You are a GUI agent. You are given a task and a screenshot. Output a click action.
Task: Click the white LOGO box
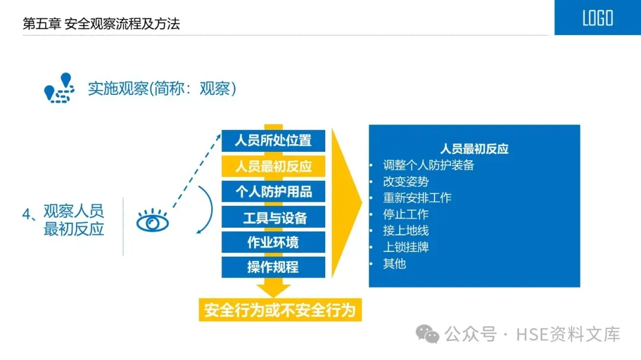coord(597,18)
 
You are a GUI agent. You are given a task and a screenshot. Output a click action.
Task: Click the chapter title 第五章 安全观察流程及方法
coord(101,24)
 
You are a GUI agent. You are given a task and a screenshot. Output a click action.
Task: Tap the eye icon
coord(153,222)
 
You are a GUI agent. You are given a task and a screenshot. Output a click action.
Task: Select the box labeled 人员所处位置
coord(273,141)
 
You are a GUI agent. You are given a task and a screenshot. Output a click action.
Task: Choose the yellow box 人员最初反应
coord(273,166)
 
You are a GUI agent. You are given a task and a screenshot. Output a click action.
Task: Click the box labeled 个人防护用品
coord(273,192)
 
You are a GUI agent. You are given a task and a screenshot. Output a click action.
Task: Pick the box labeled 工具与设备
coord(273,217)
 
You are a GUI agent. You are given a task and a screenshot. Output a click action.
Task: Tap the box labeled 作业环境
coord(273,242)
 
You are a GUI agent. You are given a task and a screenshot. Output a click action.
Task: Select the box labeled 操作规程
coord(273,267)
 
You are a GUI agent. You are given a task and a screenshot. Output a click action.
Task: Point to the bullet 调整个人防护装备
coord(429,165)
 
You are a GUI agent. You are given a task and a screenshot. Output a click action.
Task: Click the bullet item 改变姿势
coord(405,181)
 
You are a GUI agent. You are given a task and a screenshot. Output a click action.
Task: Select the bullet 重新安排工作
coord(417,197)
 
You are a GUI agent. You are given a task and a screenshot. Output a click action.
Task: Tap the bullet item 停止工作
coord(405,214)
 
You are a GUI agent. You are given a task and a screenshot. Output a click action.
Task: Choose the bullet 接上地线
coord(405,231)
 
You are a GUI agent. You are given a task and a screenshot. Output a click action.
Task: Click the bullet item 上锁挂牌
coord(405,247)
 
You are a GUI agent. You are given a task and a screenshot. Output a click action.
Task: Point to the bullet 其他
coord(394,263)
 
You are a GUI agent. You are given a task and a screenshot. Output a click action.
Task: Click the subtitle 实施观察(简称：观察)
coord(162,88)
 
